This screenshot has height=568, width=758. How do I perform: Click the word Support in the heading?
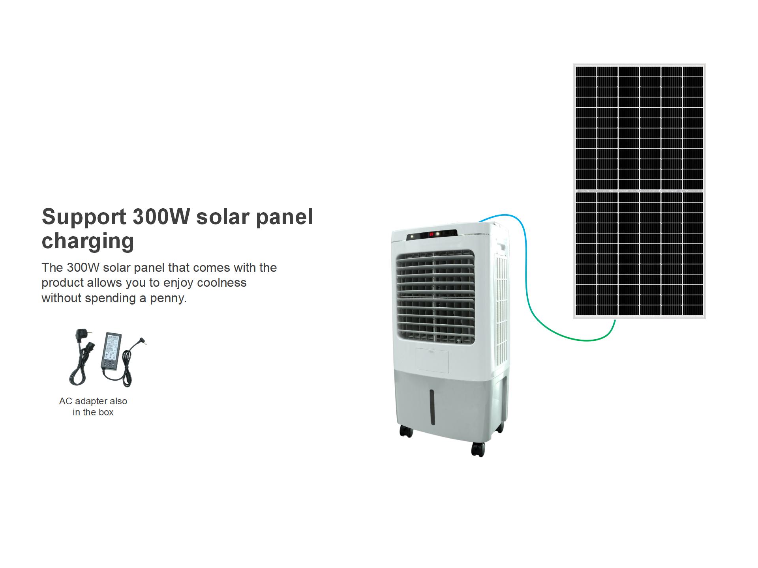point(84,217)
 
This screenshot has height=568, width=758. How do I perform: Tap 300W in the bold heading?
point(161,217)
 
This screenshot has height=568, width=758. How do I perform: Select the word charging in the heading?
point(88,241)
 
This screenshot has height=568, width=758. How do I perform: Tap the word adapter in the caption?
point(91,401)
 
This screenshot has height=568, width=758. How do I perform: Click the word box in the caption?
point(106,412)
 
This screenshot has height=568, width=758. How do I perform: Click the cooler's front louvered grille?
point(435,296)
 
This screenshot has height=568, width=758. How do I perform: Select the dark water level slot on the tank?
point(432,407)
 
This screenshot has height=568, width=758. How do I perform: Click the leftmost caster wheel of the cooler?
point(405,432)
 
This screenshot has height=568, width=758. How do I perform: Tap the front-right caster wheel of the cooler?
point(478,449)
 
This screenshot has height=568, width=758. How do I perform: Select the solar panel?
point(639,191)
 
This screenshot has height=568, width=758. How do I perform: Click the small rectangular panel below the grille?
point(432,361)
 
